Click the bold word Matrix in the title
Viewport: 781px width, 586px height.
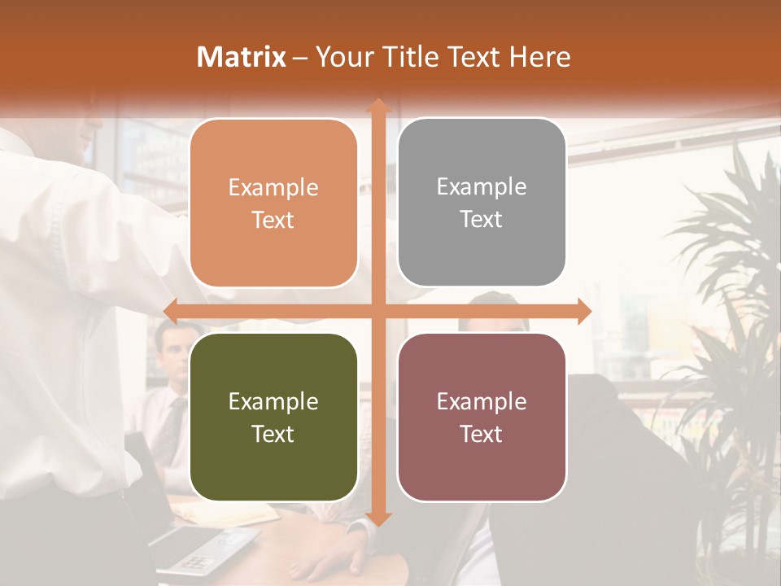[x=242, y=57]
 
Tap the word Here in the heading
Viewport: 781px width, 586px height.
[x=539, y=57]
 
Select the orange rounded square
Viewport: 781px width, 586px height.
[x=273, y=203]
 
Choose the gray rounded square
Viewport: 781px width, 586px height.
[x=482, y=203]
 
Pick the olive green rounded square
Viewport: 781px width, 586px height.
[x=273, y=417]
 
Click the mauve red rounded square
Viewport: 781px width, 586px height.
[x=482, y=417]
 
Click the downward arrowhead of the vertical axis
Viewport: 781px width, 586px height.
[x=377, y=518]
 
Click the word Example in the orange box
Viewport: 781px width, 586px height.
[x=273, y=188]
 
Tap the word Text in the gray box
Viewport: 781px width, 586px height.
[x=482, y=220]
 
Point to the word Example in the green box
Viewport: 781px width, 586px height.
[x=273, y=401]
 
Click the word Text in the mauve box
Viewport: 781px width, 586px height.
[x=482, y=435]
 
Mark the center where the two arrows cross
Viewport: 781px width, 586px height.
[x=377, y=311]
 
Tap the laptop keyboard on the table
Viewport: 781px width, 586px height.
[x=195, y=549]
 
